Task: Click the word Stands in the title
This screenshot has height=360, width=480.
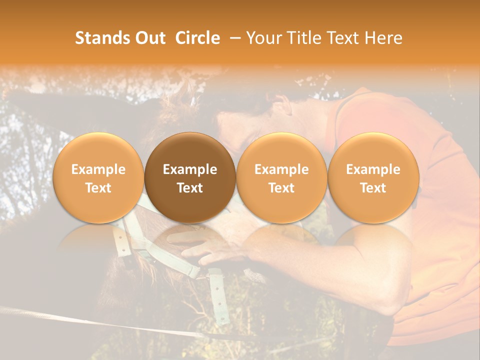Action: pos(102,38)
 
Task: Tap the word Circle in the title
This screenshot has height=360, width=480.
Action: pos(197,38)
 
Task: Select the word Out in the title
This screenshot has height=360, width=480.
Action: pos(149,38)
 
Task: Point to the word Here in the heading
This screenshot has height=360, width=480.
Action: pos(383,38)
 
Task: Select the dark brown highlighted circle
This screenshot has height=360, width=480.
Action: pos(190,177)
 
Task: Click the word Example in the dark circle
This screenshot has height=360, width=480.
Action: pos(190,169)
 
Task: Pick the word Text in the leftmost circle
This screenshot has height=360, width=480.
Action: pos(98,188)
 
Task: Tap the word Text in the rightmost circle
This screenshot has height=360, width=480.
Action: pos(373,188)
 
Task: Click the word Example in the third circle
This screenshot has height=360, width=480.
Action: pos(281,169)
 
